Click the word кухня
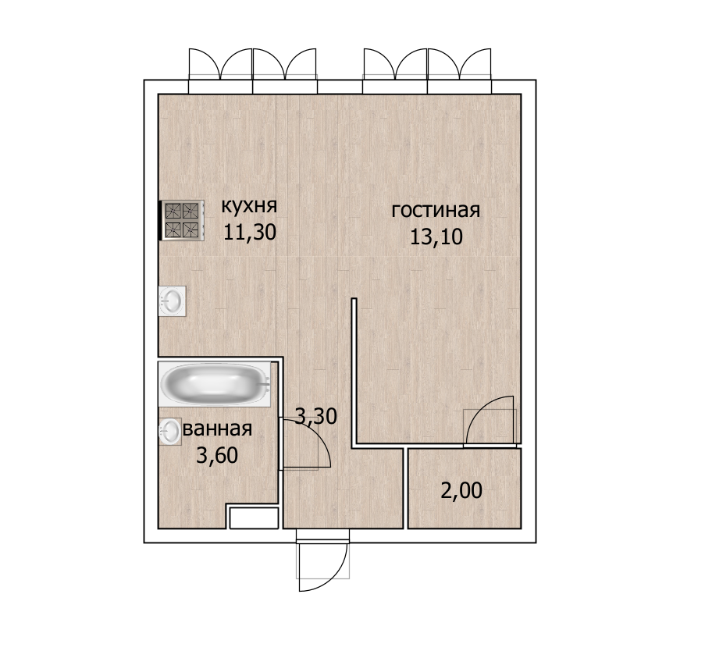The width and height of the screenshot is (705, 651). coord(249,207)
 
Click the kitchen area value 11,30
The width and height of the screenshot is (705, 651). coord(250,233)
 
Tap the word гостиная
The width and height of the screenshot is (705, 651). coord(436,211)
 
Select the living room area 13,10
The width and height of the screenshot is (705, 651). coord(436,237)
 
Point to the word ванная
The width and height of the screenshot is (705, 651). coord(218,429)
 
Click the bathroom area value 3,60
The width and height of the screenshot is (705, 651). coord(217,455)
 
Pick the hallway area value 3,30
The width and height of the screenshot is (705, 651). coord(316,416)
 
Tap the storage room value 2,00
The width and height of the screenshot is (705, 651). coord(461,490)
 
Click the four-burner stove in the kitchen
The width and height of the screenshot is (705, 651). coord(182,220)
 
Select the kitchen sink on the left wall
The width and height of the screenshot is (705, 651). coord(173,301)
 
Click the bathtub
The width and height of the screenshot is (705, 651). coord(215,385)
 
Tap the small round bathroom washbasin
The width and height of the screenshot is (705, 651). coord(170,432)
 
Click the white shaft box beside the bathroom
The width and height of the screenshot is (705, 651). coord(254,518)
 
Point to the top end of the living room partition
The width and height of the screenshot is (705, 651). coord(354,299)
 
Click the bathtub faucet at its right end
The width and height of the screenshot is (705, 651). coord(265,384)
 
